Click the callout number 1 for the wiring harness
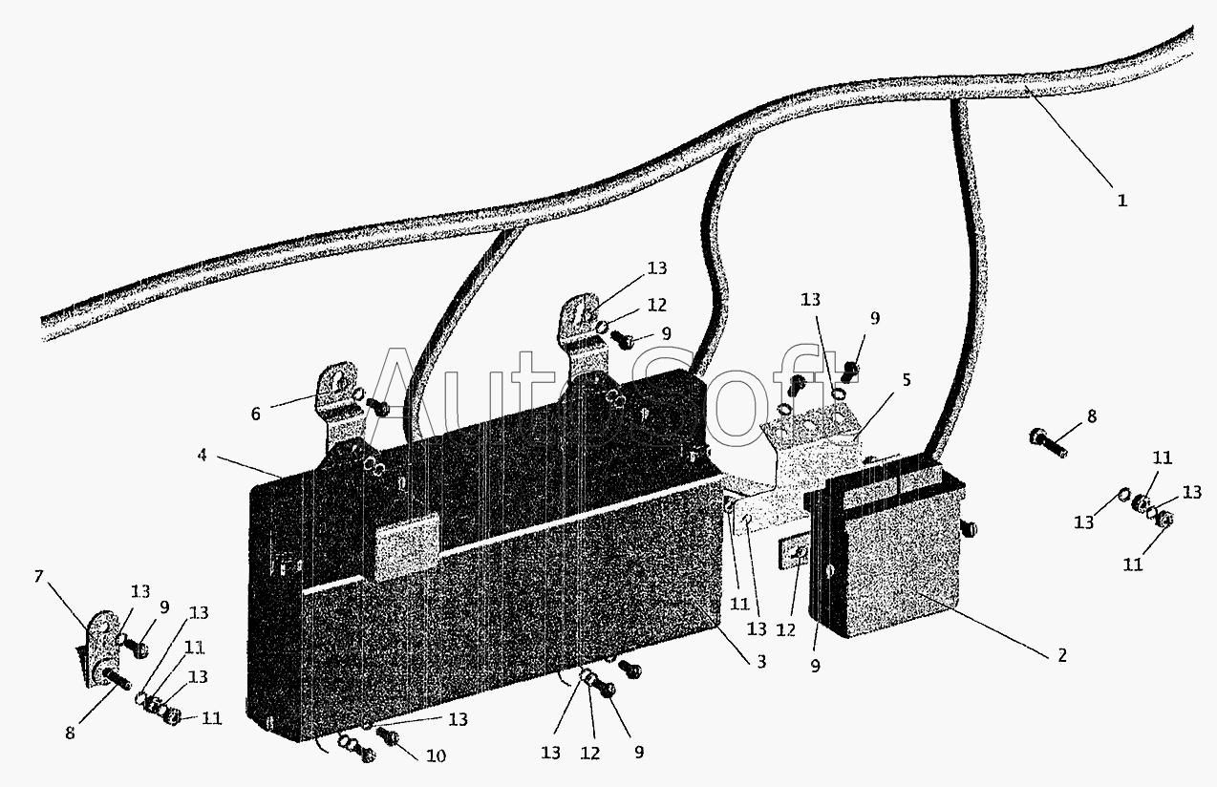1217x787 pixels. pos(1122,201)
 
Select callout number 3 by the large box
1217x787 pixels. pos(760,661)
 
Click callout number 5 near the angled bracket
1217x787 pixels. pos(906,379)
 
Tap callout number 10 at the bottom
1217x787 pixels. pos(436,755)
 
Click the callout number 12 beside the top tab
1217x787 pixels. pos(656,305)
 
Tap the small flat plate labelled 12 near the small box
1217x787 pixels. pos(795,551)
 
